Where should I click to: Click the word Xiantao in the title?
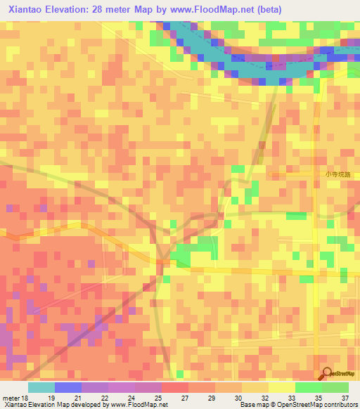click(x=26, y=10)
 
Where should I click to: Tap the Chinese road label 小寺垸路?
click(x=337, y=174)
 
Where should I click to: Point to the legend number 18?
click(x=25, y=397)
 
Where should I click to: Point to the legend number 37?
click(x=345, y=397)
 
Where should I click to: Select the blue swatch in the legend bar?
click(x=68, y=387)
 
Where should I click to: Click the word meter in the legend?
click(x=10, y=397)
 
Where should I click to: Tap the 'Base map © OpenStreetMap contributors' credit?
click(x=298, y=405)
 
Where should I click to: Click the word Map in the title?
click(x=153, y=10)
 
